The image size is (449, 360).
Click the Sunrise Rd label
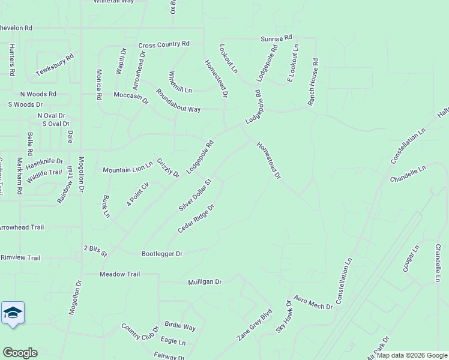tap(276, 38)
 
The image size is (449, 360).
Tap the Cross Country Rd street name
tap(164, 44)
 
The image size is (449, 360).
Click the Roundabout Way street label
tap(178, 101)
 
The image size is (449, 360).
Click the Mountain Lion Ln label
tap(128, 170)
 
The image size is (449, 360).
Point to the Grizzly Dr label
tap(168, 168)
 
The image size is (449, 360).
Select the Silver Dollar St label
tap(196, 194)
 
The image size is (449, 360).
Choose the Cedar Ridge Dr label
tap(196, 219)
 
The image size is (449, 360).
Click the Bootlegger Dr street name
tap(161, 254)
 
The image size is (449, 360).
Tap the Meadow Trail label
tap(119, 274)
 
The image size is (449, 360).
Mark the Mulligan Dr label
tap(205, 281)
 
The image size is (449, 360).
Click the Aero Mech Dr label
tap(313, 303)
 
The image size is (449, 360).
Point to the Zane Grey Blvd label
tap(255, 326)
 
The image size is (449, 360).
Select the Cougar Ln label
tap(410, 258)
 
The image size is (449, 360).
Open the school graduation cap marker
tap(13, 313)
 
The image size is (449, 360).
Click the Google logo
tap(20, 353)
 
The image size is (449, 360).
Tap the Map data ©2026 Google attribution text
tap(412, 355)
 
